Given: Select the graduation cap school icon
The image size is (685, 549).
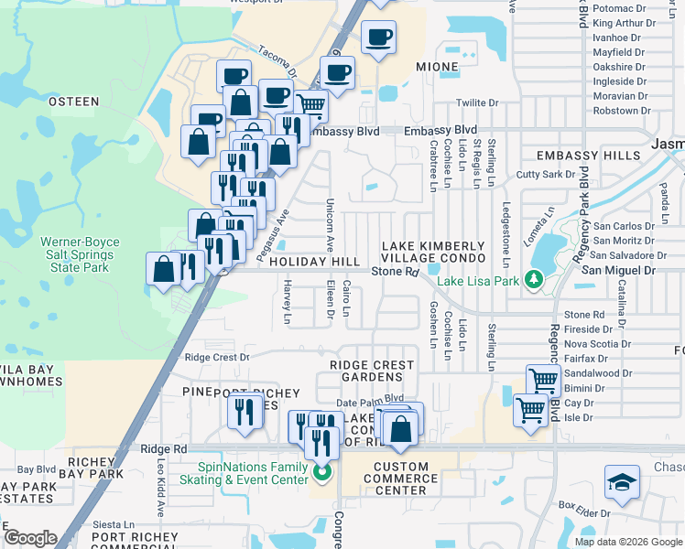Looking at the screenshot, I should [x=621, y=482].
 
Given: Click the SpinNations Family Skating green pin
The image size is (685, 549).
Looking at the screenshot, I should [x=321, y=473].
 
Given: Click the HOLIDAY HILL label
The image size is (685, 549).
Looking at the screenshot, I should [x=314, y=263].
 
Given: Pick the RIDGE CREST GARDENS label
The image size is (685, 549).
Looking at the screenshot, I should [x=372, y=371].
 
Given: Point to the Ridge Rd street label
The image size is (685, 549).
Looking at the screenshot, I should [x=164, y=448].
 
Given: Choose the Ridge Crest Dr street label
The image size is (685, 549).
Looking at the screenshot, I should [x=217, y=358].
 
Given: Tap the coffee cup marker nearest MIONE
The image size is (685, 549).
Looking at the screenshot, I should [x=377, y=38].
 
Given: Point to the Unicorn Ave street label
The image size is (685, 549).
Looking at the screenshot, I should [x=329, y=225].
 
